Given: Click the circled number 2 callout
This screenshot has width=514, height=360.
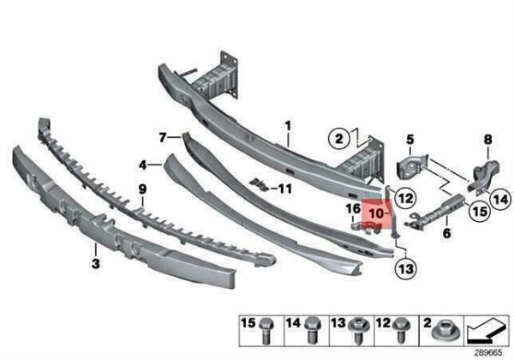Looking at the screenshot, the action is pyautogui.click(x=339, y=139).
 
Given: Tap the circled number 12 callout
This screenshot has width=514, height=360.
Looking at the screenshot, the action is pyautogui.click(x=405, y=198).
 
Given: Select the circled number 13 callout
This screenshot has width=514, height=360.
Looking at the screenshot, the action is pyautogui.click(x=406, y=269).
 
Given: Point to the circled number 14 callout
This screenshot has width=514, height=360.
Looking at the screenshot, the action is pyautogui.click(x=500, y=199).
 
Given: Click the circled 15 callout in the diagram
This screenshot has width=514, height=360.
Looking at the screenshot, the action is pyautogui.click(x=480, y=211).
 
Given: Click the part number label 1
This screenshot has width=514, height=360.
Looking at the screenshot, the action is pyautogui.click(x=288, y=126).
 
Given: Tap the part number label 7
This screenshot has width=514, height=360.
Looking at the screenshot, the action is pyautogui.click(x=163, y=138).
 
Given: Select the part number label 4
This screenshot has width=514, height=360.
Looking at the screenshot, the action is pyautogui.click(x=142, y=165).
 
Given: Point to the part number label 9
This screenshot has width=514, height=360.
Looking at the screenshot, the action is pyautogui.click(x=142, y=189).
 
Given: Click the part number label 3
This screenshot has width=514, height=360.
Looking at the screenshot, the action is pyautogui.click(x=95, y=264).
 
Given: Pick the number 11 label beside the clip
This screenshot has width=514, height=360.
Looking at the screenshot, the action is pyautogui.click(x=284, y=189).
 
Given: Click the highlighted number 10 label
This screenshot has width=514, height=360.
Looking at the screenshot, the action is pyautogui.click(x=376, y=213).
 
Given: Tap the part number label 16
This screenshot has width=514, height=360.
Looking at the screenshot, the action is pyautogui.click(x=353, y=208).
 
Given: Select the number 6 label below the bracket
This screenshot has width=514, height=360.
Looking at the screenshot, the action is pyautogui.click(x=446, y=233).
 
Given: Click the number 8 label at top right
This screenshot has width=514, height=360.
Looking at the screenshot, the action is pyautogui.click(x=488, y=140).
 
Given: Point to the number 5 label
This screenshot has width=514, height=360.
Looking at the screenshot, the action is pyautogui.click(x=410, y=140).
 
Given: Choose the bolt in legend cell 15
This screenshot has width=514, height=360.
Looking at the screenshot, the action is pyautogui.click(x=266, y=331).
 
